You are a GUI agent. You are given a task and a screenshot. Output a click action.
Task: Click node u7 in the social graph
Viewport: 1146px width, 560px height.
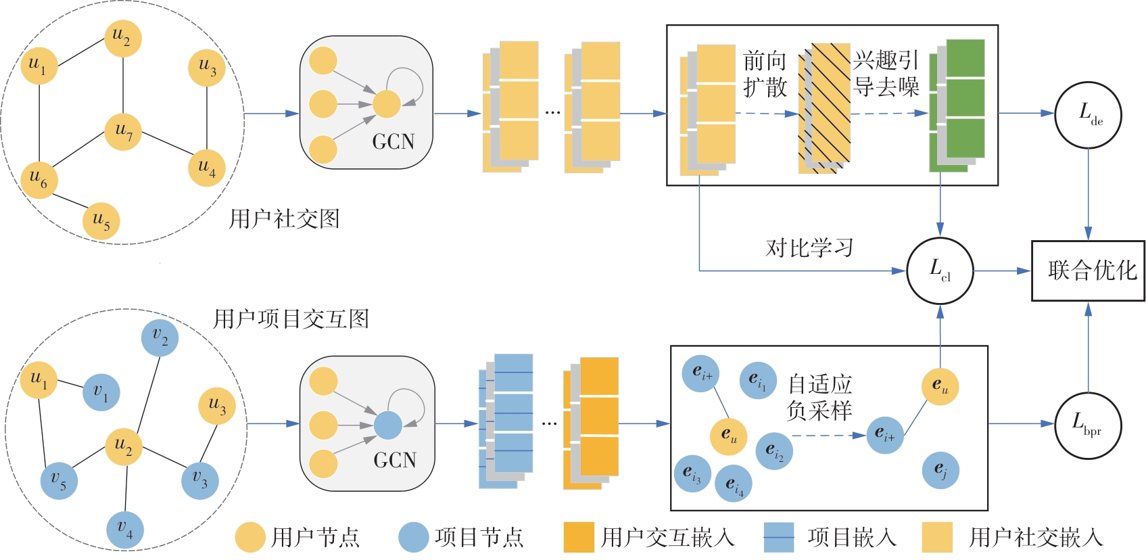point(123,131)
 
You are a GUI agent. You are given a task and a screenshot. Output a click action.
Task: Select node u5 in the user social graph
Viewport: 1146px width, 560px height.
point(101,220)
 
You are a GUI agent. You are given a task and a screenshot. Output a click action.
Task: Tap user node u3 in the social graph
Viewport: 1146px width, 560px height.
point(207,68)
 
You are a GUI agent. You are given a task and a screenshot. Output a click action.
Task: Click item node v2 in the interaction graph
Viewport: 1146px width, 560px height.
point(160,337)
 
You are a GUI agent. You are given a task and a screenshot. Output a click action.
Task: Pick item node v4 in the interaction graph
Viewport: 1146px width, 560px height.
point(125,528)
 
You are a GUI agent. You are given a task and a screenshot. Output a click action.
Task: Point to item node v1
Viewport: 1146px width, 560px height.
point(101,392)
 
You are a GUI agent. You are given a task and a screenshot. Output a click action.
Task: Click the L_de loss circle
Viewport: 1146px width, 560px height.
point(1088,114)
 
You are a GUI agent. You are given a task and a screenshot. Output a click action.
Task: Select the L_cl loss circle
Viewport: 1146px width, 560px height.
point(940,271)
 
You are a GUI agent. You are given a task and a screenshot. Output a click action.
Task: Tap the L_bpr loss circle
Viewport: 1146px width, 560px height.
point(1088,425)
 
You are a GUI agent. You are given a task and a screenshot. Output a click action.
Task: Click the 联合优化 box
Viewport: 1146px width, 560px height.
point(1088,271)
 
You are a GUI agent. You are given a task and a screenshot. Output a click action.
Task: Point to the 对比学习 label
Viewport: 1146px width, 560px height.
point(809,248)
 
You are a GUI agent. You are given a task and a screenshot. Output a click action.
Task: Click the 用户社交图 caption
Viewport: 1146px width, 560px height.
point(284,219)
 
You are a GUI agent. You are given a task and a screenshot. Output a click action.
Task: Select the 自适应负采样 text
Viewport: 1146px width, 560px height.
point(819,398)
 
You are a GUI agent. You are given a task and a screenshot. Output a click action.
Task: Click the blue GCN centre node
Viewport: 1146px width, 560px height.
point(388,425)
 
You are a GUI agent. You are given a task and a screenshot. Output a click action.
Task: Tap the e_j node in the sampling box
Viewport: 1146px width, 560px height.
point(940,470)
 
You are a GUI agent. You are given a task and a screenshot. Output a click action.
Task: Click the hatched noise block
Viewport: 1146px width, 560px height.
point(824,108)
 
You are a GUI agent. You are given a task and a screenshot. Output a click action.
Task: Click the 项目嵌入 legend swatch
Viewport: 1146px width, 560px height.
point(778,538)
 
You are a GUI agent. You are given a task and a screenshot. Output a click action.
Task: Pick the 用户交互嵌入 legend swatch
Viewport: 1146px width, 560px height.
point(579,538)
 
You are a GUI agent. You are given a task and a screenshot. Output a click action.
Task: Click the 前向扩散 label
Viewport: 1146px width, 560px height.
point(765,74)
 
